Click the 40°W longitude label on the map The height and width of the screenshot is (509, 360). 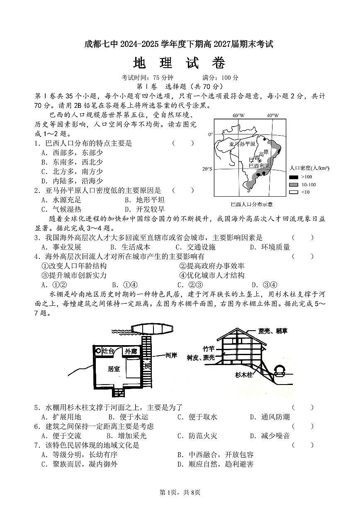272,115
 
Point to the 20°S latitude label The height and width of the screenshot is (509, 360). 207,169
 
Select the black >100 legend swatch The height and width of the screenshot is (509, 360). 293,177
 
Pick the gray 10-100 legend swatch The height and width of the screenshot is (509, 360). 293,185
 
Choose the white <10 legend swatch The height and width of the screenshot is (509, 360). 293,192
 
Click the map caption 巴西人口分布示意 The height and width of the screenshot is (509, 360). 252,204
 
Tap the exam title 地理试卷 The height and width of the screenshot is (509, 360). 179,63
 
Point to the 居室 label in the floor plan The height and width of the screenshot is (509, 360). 114,368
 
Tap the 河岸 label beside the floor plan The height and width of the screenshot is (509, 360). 171,355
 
